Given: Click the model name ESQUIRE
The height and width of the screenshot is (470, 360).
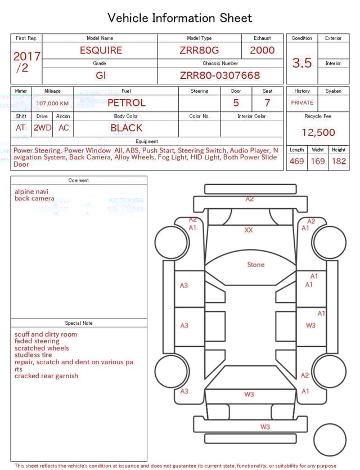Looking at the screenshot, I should tap(101, 50).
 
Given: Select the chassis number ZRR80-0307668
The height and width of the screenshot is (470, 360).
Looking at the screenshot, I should tap(220, 75).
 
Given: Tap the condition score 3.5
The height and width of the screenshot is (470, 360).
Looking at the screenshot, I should tap(302, 63).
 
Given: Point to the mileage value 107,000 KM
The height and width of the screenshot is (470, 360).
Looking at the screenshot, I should tap(52, 104).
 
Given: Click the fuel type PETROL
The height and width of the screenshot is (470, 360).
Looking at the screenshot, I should tap(126, 103).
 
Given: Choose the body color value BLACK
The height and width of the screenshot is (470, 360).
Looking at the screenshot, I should tap(126, 128).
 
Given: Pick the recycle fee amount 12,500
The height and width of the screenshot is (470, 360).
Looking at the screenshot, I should tap(318, 133).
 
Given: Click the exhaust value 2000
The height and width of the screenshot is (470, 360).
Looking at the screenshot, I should tap(262, 50).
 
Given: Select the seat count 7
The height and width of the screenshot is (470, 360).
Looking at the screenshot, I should tap(267, 103).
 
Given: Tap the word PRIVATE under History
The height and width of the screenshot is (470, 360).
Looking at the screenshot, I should tap(302, 103).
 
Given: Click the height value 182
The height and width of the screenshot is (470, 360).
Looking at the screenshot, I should tap(339, 161).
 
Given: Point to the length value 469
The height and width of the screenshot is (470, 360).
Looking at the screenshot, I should tap(296, 161).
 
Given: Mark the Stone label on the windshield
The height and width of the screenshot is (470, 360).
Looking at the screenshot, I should tap(255, 265).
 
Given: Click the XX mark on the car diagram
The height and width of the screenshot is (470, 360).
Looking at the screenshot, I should tap(249, 230).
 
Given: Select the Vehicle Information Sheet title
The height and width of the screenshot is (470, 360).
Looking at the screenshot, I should tap(180, 18).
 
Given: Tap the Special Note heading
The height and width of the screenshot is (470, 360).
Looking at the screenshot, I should tap(79, 323).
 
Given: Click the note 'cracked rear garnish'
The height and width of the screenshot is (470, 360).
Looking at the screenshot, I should tap(46, 376).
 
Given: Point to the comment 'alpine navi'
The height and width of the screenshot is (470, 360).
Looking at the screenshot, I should tap(31, 191).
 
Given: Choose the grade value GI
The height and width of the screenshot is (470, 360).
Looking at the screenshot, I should tap(101, 75).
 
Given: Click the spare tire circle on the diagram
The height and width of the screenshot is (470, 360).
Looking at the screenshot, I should tap(330, 440).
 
